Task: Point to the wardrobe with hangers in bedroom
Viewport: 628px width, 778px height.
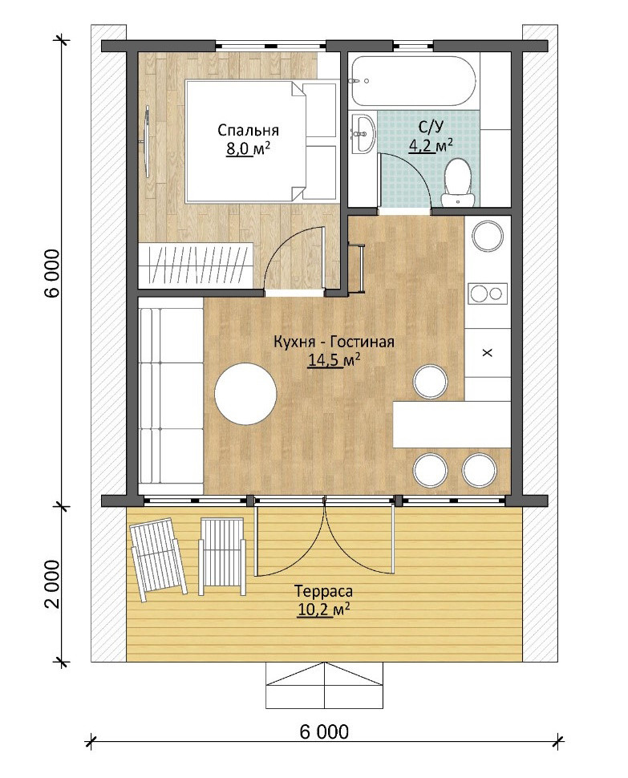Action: tap(197, 263)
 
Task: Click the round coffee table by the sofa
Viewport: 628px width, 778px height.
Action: tap(245, 394)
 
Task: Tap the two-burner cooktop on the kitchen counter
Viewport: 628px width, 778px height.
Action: tap(488, 293)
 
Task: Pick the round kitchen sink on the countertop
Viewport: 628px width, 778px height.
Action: tap(488, 237)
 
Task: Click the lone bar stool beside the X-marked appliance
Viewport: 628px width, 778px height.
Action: tap(430, 382)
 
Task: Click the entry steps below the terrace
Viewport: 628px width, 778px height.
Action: tap(324, 685)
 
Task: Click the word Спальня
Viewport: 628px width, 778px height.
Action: tap(248, 130)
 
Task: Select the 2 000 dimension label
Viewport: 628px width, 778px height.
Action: tap(51, 583)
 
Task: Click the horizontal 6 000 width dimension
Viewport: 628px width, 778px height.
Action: tap(324, 731)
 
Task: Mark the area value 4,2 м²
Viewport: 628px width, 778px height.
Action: tap(431, 144)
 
